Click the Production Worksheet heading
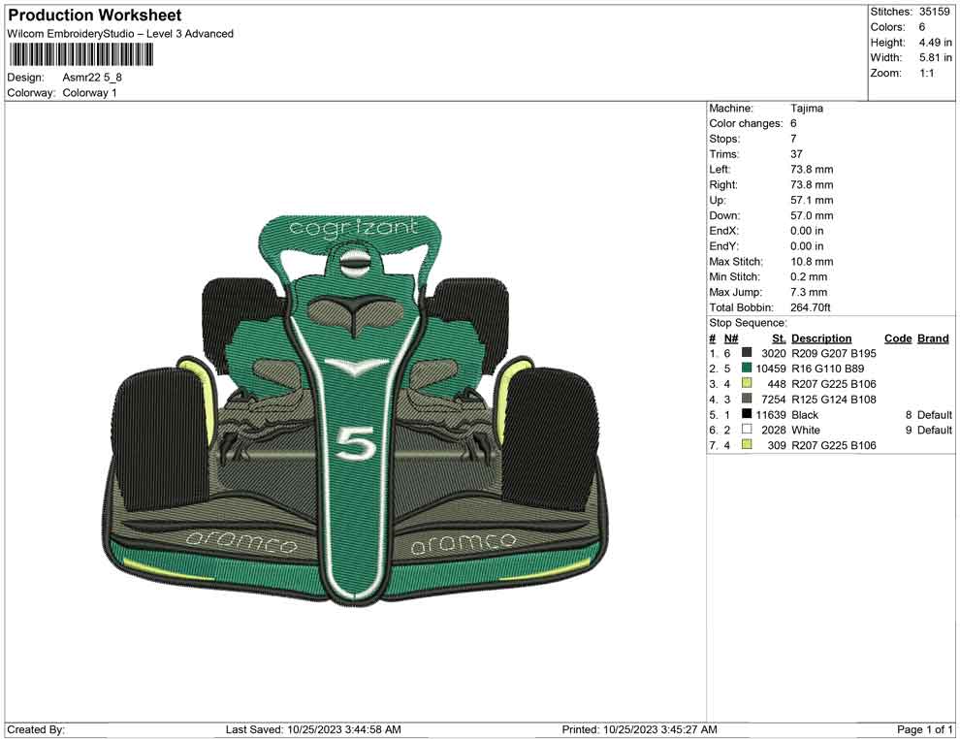(x=95, y=16)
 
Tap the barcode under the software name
(x=80, y=55)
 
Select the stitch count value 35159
(x=934, y=12)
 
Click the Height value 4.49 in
(x=935, y=43)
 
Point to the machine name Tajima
(x=807, y=109)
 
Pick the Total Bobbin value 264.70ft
(x=810, y=307)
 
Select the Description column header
(x=821, y=338)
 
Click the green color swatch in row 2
(x=747, y=368)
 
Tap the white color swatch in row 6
(x=747, y=430)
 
